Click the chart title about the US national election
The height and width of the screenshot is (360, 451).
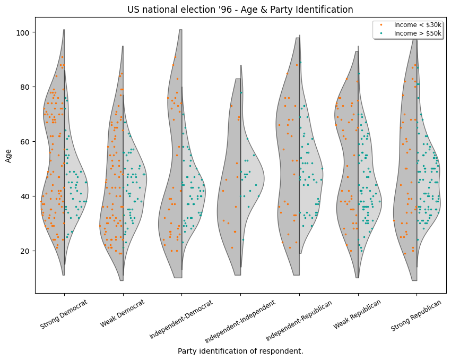[240, 10]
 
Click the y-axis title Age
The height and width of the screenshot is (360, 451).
[8, 155]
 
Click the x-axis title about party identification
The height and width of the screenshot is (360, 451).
[240, 351]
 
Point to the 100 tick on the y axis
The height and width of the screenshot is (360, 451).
[24, 32]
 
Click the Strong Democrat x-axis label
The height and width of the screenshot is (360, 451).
[64, 314]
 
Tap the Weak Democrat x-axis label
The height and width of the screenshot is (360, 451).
[123, 313]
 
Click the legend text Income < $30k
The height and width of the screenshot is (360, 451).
[418, 25]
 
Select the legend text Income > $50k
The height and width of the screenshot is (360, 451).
[418, 33]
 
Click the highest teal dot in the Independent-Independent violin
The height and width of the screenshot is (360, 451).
[241, 92]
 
